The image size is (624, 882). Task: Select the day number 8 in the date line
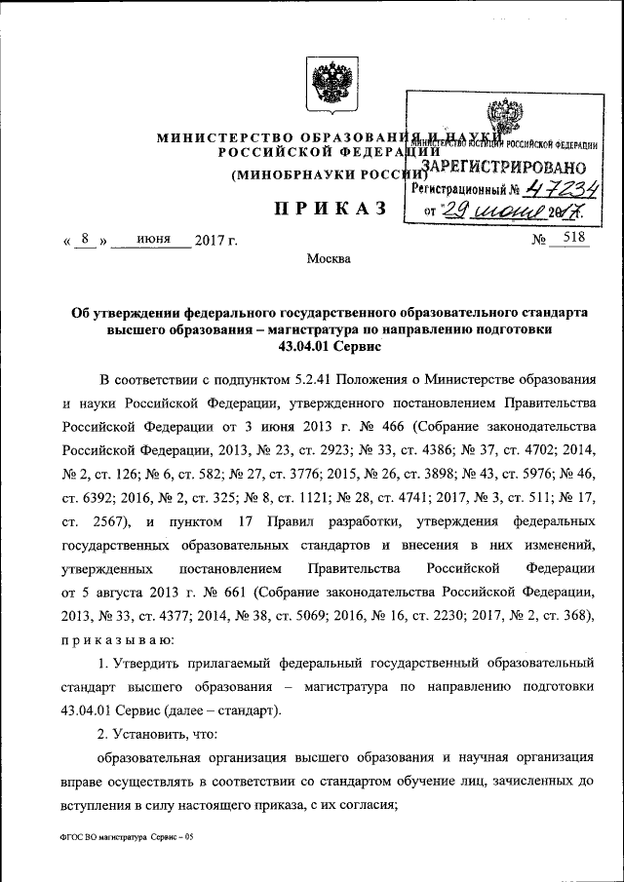(x=87, y=238)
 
